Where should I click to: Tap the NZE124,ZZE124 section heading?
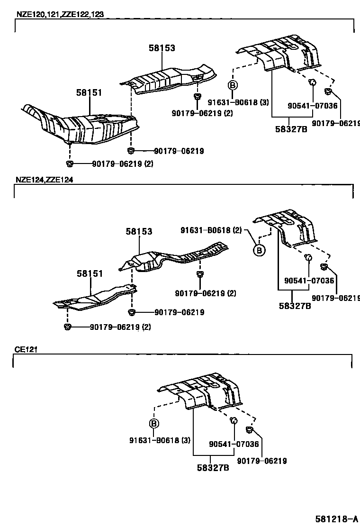click(x=44, y=180)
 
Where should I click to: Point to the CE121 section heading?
click(x=26, y=349)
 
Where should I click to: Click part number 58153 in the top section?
click(x=162, y=48)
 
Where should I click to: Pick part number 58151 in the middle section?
click(x=90, y=273)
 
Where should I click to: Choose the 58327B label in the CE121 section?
click(x=213, y=468)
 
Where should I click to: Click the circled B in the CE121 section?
click(x=153, y=424)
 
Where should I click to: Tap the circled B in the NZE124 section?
click(x=259, y=250)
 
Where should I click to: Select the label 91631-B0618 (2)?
click(x=211, y=230)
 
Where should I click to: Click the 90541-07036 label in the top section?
click(x=313, y=106)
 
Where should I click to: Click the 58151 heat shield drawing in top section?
click(x=81, y=125)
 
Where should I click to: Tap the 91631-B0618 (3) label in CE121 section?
click(x=160, y=440)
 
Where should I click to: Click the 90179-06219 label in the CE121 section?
click(x=262, y=460)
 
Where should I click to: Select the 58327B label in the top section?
click(x=291, y=128)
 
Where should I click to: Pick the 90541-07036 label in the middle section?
click(x=309, y=281)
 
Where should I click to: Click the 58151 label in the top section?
click(x=89, y=93)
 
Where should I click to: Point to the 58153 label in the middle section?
click(x=139, y=232)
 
